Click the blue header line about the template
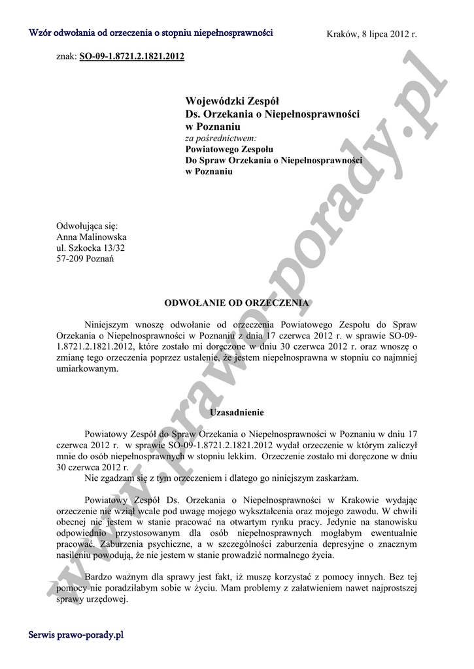(151, 33)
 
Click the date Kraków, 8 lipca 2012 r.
(371, 34)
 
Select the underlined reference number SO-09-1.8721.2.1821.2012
(131, 57)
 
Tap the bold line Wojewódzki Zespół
(232, 101)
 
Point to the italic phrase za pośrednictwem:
(221, 139)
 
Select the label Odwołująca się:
(83, 226)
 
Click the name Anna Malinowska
(92, 237)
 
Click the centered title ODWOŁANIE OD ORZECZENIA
(237, 303)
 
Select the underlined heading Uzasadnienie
(237, 413)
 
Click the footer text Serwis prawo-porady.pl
(76, 635)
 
